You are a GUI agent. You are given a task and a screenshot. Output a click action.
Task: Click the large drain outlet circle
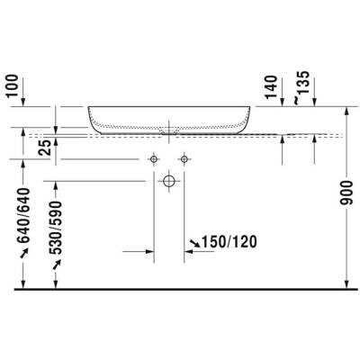click(x=168, y=181)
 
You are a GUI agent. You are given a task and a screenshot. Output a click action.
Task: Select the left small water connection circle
click(x=153, y=160)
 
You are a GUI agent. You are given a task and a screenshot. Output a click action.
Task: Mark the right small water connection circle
click(x=184, y=160)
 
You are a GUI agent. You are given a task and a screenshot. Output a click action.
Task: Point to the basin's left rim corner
click(x=88, y=108)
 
